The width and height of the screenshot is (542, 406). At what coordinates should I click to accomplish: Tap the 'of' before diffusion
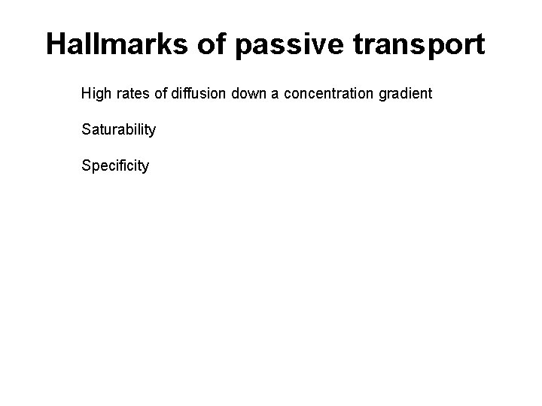(161, 94)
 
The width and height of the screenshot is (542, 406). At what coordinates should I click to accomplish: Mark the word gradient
(403, 95)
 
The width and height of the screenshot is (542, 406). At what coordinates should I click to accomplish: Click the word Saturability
(119, 129)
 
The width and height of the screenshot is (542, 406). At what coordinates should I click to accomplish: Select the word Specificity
(115, 165)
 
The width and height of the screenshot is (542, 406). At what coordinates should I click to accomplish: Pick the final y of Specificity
(146, 167)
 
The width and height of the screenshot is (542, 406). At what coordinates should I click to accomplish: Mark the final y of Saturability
(153, 132)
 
